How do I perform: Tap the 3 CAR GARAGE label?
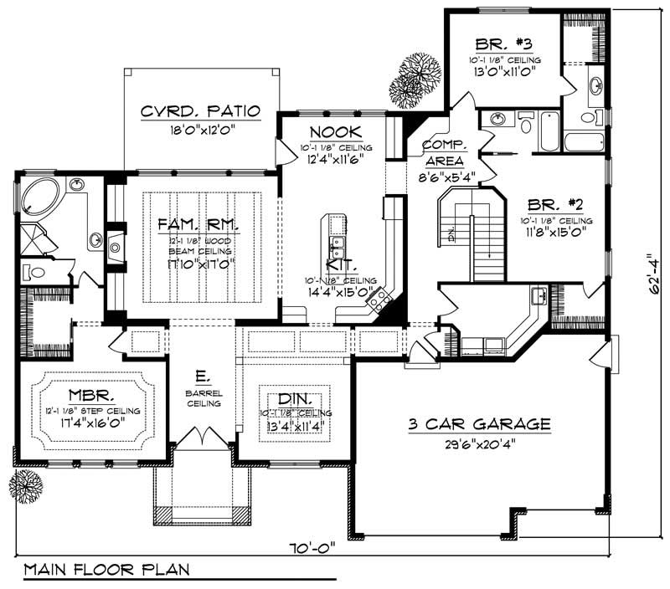pos(479,424)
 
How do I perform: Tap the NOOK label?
pos(336,131)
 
